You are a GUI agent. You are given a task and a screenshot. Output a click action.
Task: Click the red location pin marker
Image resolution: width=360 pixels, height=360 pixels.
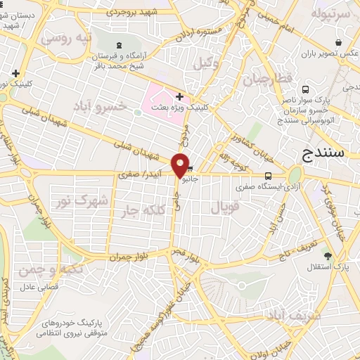(x=180, y=165)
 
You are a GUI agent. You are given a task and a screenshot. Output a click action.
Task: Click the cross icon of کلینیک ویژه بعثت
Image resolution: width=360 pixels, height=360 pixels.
(x=180, y=96)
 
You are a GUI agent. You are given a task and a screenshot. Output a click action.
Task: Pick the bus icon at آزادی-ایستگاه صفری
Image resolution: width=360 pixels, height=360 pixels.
(x=267, y=176)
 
